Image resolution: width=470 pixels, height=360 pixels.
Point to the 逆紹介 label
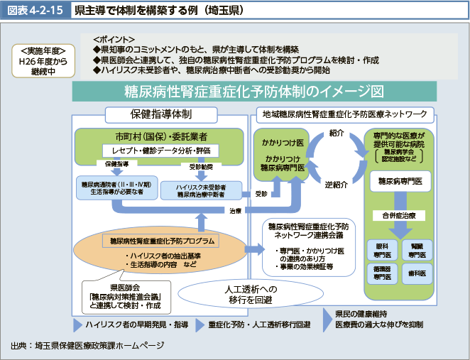[336, 185]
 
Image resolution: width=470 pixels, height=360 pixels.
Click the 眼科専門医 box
[382, 249]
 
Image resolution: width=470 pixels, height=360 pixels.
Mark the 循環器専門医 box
[382, 273]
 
